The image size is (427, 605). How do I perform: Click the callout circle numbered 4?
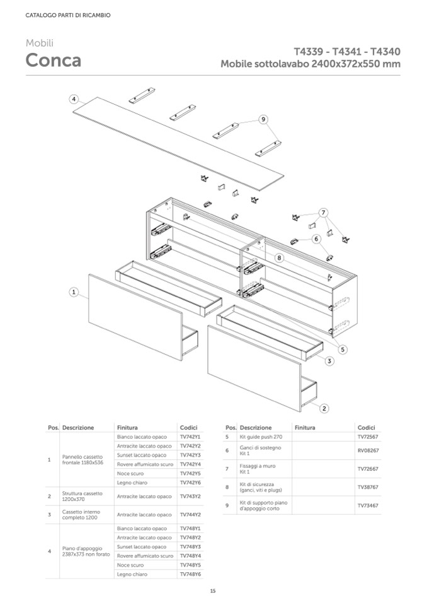pyautogui.click(x=74, y=99)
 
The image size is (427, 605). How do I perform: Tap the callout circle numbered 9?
pyautogui.click(x=263, y=119)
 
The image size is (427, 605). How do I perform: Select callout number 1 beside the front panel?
pyautogui.click(x=74, y=292)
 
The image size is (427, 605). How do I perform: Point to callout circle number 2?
pyautogui.click(x=324, y=408)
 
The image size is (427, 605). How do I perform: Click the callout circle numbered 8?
pyautogui.click(x=280, y=257)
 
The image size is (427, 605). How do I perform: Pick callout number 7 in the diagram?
pyautogui.click(x=323, y=212)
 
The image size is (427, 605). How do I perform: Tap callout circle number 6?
pyautogui.click(x=316, y=238)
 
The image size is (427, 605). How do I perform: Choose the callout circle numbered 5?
pyautogui.click(x=343, y=349)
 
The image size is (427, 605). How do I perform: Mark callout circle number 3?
pyautogui.click(x=330, y=361)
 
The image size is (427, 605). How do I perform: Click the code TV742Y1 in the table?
pyautogui.click(x=190, y=437)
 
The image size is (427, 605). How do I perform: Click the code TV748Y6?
pyautogui.click(x=190, y=574)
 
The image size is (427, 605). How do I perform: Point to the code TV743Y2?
pyautogui.click(x=190, y=496)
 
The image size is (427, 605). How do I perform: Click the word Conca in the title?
pyautogui.click(x=53, y=61)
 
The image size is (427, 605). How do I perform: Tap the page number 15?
pyautogui.click(x=213, y=590)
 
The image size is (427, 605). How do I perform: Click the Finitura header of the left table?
pyautogui.click(x=127, y=427)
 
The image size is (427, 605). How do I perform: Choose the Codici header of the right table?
pyautogui.click(x=366, y=427)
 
